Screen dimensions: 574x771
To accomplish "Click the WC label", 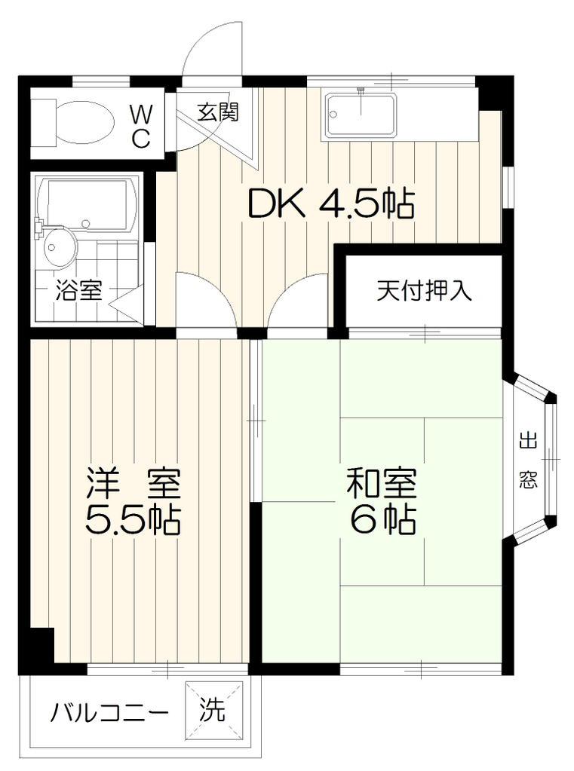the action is [x=140, y=126].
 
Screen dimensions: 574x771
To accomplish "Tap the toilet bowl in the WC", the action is [x=84, y=122].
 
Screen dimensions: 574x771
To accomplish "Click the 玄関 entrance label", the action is [x=218, y=112].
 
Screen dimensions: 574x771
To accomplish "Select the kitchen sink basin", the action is [x=361, y=115].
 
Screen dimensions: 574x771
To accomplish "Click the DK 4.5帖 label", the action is [x=331, y=203].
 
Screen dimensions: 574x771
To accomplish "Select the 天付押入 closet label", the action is [x=425, y=291].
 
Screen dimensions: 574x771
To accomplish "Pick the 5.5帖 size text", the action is [x=134, y=520].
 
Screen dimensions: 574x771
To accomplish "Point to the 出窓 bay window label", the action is [x=528, y=460].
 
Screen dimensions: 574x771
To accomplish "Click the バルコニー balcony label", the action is [x=109, y=712].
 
